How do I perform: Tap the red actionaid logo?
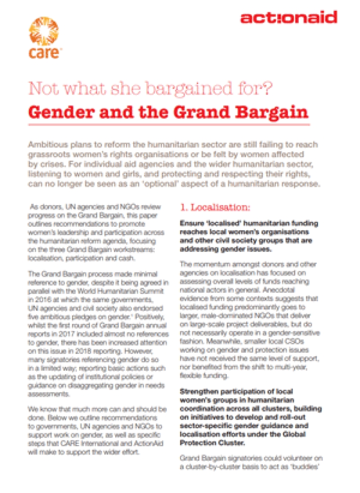[288, 18]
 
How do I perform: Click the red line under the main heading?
[169, 124]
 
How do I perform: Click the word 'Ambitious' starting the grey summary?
[48, 145]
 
